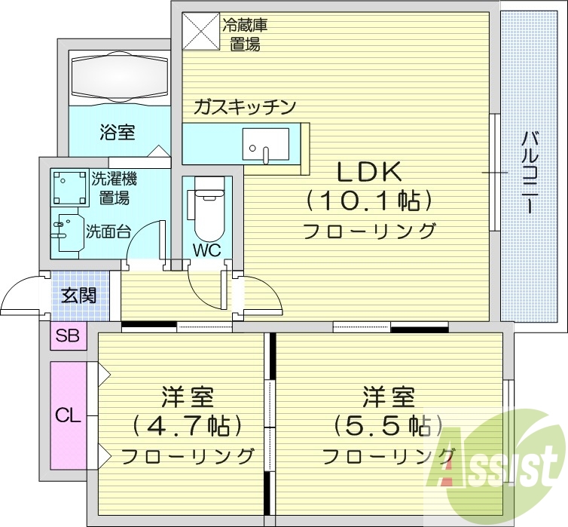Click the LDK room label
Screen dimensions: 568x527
click(x=369, y=172)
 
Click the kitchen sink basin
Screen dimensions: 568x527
click(x=265, y=144)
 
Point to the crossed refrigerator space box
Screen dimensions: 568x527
click(x=200, y=31)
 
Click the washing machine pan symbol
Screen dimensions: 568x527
click(x=70, y=188)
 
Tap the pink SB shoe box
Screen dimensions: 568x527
click(x=68, y=336)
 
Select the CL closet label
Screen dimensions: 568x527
click(x=68, y=416)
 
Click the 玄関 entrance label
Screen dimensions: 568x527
click(x=78, y=296)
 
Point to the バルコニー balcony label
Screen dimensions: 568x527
click(x=530, y=173)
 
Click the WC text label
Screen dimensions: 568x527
click(x=207, y=250)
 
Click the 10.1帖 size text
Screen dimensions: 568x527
click(x=369, y=201)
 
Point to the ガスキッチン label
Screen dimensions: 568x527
click(x=245, y=107)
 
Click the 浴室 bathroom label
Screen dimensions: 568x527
click(x=118, y=132)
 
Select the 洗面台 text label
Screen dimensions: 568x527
click(x=108, y=231)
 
